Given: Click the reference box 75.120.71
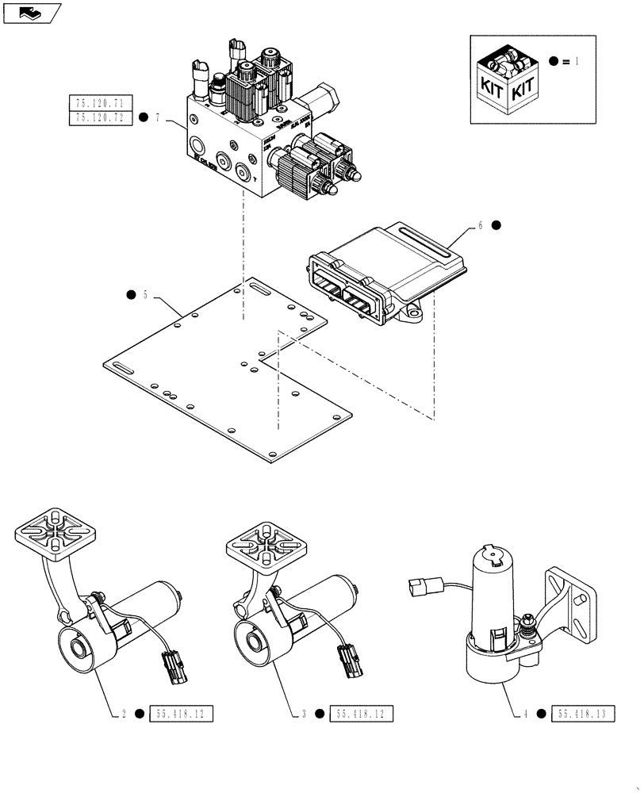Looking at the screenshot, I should [x=102, y=102].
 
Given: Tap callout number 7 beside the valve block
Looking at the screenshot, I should [x=159, y=118].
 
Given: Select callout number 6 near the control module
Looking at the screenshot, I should [x=480, y=224].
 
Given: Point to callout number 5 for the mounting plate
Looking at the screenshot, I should [x=146, y=295].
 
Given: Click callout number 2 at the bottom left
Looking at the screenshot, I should [x=124, y=714].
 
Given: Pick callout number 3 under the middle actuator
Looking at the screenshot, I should [x=304, y=714].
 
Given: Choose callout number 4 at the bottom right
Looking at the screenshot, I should [x=524, y=714].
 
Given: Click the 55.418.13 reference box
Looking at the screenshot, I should [x=581, y=714].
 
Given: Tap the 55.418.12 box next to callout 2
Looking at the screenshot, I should [x=181, y=714].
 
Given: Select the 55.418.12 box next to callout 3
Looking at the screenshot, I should [x=360, y=714].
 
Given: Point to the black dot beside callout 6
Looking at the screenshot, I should [x=496, y=224].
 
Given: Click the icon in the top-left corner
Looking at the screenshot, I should [x=32, y=13].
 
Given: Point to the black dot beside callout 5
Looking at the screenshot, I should [x=130, y=295].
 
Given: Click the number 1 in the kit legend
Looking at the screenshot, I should [x=577, y=61].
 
